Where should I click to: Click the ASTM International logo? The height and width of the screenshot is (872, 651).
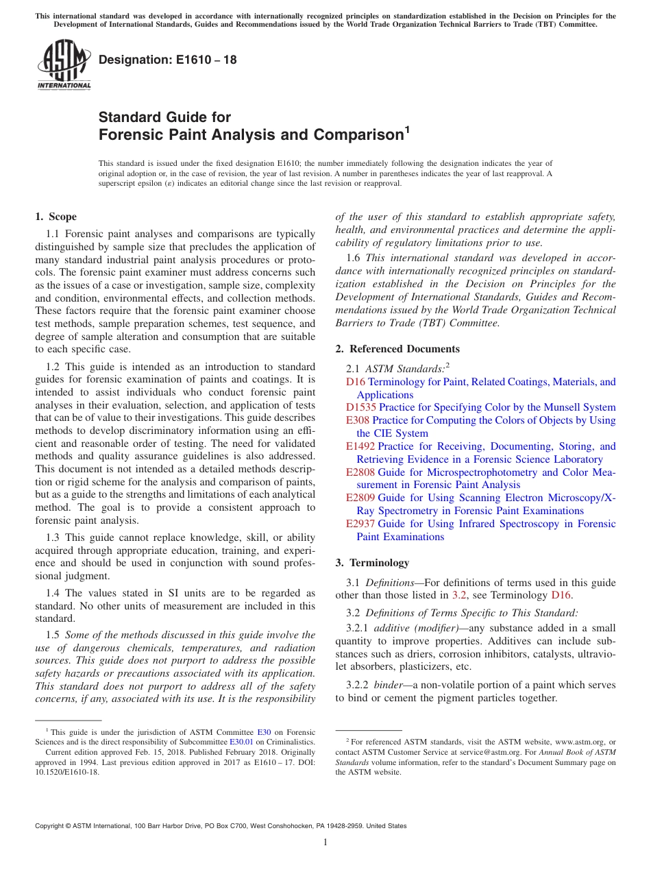click(63, 64)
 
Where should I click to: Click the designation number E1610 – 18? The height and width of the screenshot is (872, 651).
click(168, 60)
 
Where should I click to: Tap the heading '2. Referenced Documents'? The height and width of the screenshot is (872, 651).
click(397, 349)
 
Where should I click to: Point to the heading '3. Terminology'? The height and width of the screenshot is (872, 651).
click(372, 563)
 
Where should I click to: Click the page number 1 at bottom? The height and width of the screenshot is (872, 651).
click(325, 843)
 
